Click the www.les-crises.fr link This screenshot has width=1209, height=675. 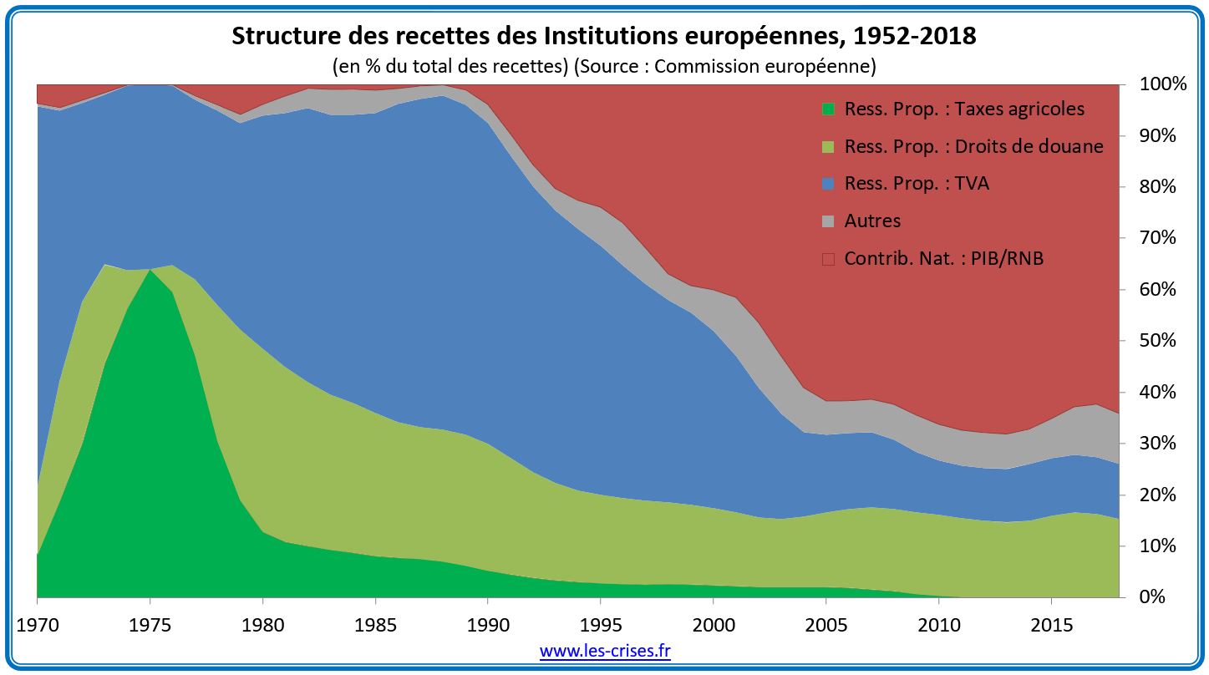pyautogui.click(x=605, y=651)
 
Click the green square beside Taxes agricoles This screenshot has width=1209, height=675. pyautogui.click(x=828, y=109)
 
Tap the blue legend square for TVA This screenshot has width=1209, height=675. pyautogui.click(x=828, y=184)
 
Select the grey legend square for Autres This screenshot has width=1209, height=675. pyautogui.click(x=828, y=221)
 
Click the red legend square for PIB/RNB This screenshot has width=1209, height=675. pyautogui.click(x=828, y=259)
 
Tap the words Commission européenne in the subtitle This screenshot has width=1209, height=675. pyautogui.click(x=765, y=66)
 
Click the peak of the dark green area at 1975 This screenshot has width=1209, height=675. pyautogui.click(x=150, y=271)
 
